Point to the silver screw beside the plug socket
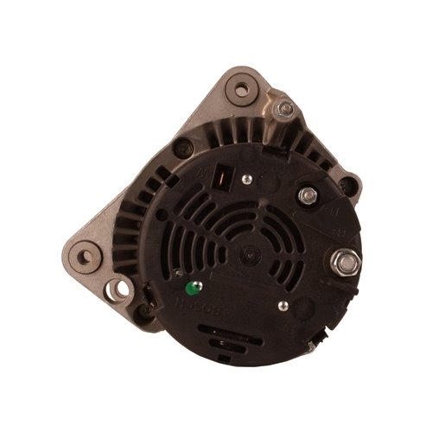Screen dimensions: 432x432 pyautogui.click(x=247, y=180)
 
